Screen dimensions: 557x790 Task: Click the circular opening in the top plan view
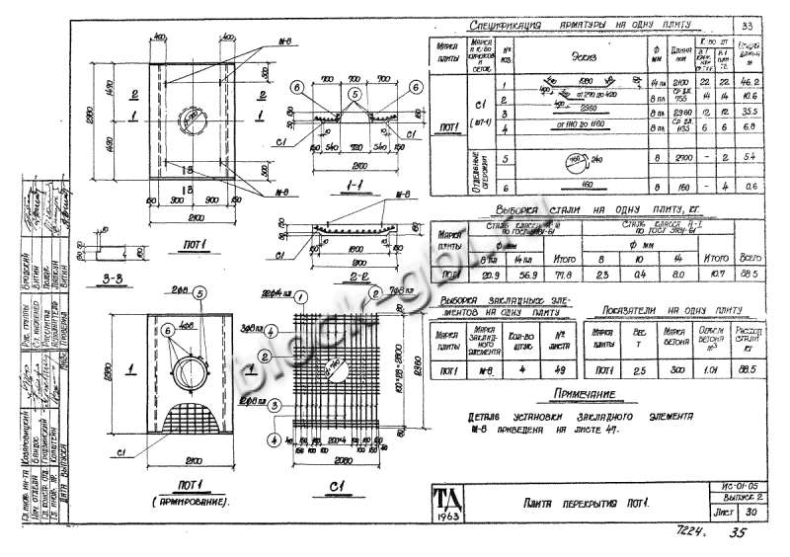point(189,127)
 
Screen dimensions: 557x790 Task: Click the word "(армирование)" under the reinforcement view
point(186,502)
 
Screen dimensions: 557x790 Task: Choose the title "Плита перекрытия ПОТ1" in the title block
point(583,506)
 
